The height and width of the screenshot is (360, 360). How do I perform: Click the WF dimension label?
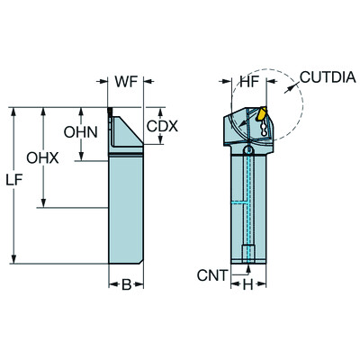pos(127,82)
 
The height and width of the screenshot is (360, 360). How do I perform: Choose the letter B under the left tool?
pos(127,285)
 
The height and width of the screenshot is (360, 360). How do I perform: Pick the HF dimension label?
pos(249,82)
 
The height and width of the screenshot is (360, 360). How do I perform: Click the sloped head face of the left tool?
pos(126,133)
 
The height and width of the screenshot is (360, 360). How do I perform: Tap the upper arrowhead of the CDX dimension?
pos(144,112)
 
